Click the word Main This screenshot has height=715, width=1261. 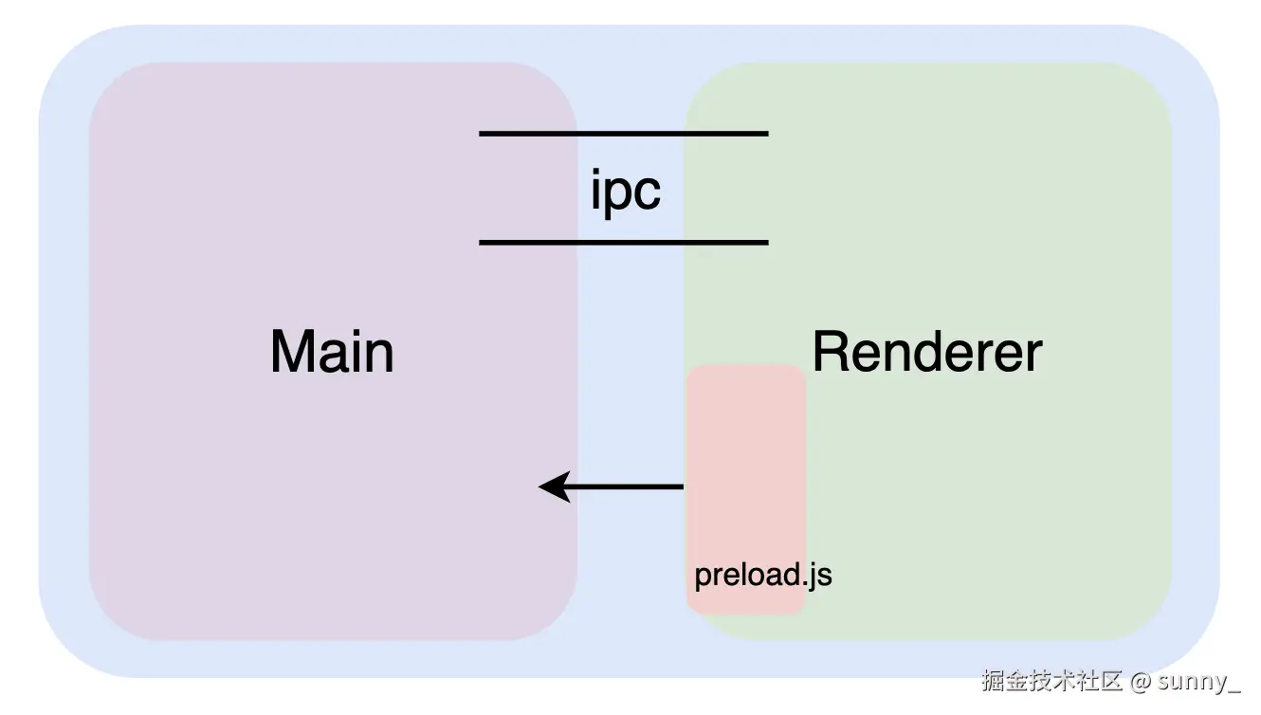pyautogui.click(x=332, y=352)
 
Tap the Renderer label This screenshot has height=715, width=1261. pyautogui.click(x=926, y=352)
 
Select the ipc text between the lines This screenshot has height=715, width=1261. pyautogui.click(x=625, y=191)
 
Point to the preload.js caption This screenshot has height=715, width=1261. pyautogui.click(x=763, y=575)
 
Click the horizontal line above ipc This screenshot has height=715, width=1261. pyautogui.click(x=623, y=134)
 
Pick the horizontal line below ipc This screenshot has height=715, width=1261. pyautogui.click(x=623, y=243)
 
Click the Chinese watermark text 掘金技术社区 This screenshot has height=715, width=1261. pyautogui.click(x=1051, y=681)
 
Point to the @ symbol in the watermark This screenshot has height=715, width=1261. pyautogui.click(x=1141, y=681)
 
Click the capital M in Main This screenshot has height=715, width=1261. pyautogui.click(x=291, y=352)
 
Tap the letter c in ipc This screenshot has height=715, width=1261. pyautogui.click(x=648, y=193)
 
